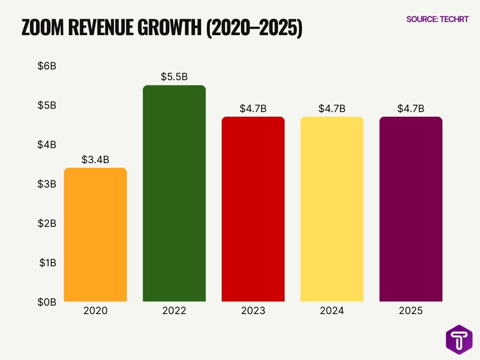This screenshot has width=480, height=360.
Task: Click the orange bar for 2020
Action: pos(95,234)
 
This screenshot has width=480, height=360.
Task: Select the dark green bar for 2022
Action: pos(174,193)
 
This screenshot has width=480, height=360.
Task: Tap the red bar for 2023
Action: pos(253,209)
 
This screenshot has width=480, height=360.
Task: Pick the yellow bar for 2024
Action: pos(332,209)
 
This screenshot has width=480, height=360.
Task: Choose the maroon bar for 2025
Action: pos(411,209)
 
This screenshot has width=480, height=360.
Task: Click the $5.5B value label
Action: pos(174,77)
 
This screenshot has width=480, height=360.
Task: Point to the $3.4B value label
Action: pos(95,159)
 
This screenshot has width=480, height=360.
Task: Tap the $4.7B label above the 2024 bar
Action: pos(332,109)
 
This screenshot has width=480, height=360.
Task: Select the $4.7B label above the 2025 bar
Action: pos(411,109)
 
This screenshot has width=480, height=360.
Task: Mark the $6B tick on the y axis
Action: pos(47,66)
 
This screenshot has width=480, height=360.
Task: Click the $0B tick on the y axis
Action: pos(47,302)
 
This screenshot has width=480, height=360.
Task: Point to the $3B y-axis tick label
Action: pos(47,184)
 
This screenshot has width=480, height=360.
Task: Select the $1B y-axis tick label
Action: pos(47,263)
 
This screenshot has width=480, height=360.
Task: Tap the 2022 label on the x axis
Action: pos(174,311)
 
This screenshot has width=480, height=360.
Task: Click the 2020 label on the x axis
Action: pos(95,311)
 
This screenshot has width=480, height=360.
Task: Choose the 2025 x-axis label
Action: pos(411,311)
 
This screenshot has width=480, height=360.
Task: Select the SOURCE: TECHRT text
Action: pos(437,19)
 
